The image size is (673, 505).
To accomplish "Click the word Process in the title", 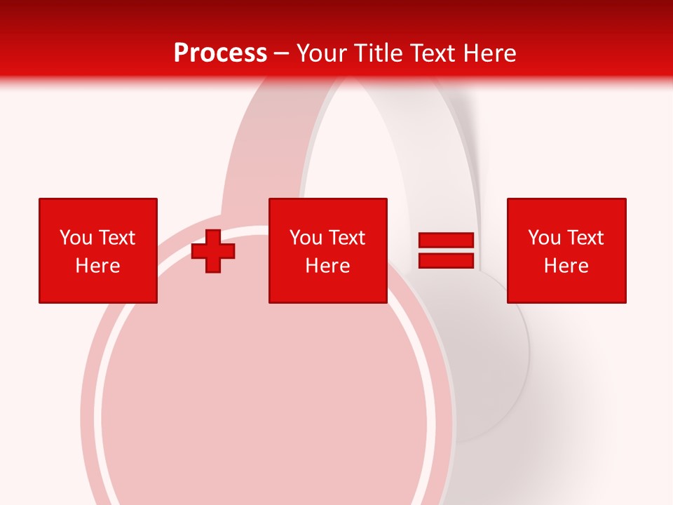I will [x=220, y=53].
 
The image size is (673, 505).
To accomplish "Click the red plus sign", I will [x=213, y=251].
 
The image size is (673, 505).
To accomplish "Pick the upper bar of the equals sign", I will [x=446, y=241].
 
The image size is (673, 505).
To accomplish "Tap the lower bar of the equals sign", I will [x=446, y=261].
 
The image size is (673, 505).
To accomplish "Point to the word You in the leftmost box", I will [x=76, y=238].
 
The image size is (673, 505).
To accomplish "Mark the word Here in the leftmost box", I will [x=97, y=266].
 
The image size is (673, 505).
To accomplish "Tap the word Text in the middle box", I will [x=346, y=238].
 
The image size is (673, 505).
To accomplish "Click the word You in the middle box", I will [x=306, y=238].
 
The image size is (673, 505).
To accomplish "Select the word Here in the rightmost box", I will [x=566, y=266].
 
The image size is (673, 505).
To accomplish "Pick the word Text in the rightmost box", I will [x=584, y=238].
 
